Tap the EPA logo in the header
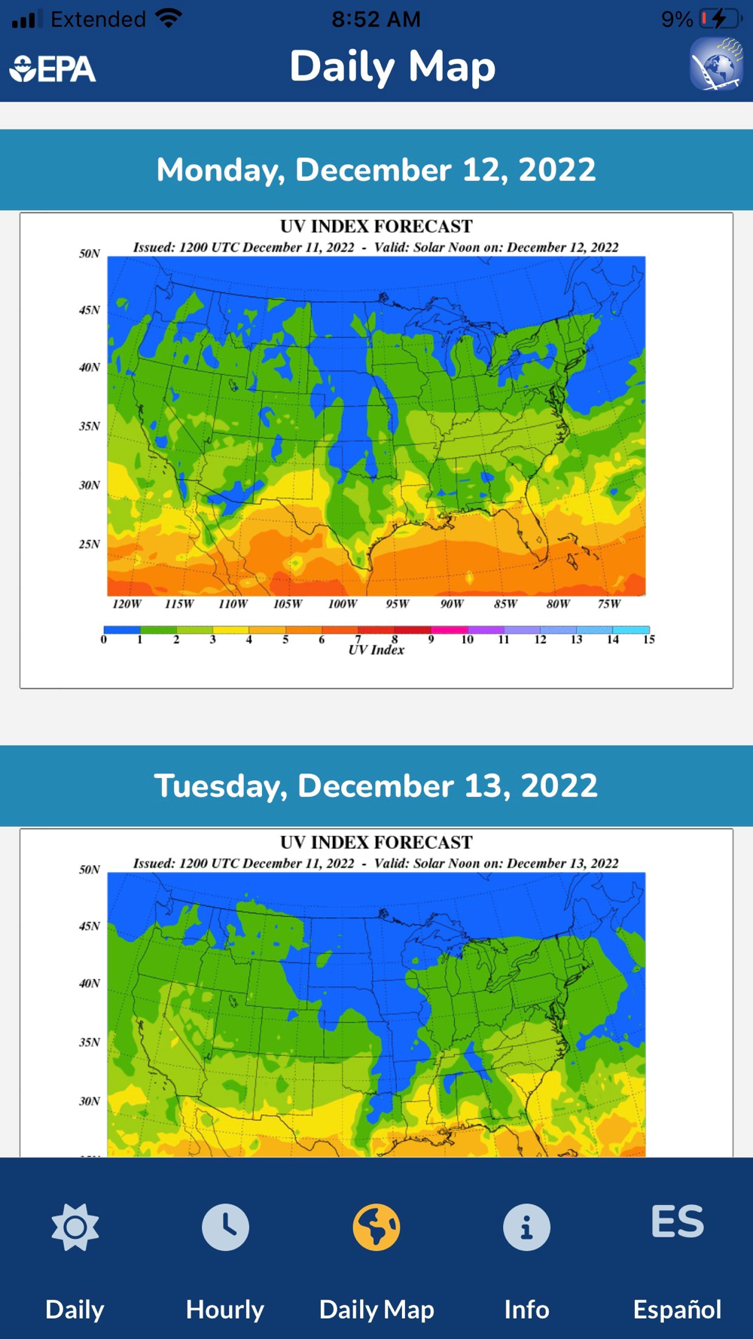(x=53, y=69)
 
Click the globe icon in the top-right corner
(x=716, y=65)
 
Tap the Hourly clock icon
(x=225, y=1227)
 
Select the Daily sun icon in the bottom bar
(x=75, y=1227)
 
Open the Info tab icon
(x=526, y=1227)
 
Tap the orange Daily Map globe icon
(x=376, y=1227)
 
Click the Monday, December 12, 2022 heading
(x=376, y=169)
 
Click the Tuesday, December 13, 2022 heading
(x=376, y=785)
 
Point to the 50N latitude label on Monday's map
(x=90, y=254)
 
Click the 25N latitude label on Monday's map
(x=90, y=544)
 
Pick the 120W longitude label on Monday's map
(x=127, y=604)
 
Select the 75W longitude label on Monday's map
(x=609, y=604)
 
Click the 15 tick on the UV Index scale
(x=648, y=639)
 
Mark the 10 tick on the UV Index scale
(x=467, y=639)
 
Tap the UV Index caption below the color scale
(x=376, y=650)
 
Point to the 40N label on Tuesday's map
(x=90, y=983)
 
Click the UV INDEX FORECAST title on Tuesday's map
(x=376, y=842)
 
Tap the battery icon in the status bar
(x=721, y=19)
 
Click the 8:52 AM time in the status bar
(x=376, y=19)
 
